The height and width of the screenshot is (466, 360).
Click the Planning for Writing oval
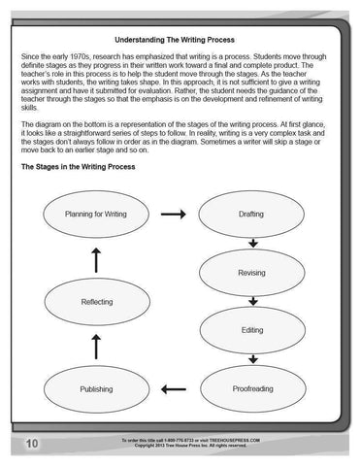tap(95, 214)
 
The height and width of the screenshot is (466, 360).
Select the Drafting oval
tap(249, 214)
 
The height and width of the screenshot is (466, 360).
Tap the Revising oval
tap(250, 273)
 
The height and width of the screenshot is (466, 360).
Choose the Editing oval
tap(250, 331)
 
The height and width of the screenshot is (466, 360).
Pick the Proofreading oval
tap(250, 389)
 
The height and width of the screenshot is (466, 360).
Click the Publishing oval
tap(95, 389)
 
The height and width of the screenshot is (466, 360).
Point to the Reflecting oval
tap(95, 302)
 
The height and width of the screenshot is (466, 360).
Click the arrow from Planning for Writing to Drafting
tap(173, 214)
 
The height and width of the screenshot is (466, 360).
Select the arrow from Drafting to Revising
tap(251, 244)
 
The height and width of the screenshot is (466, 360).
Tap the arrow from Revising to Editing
tap(251, 302)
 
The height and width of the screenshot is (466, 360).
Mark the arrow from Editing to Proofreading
tap(251, 360)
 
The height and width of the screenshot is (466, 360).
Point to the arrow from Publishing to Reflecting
tap(95, 345)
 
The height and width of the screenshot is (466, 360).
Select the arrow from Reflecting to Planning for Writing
tap(95, 258)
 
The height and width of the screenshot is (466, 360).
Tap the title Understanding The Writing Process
tap(180, 40)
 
